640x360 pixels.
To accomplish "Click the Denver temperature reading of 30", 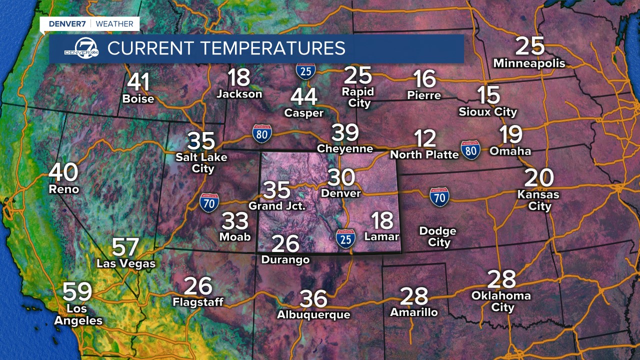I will tap(341, 177).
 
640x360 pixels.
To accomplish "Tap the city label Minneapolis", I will tap(529, 63).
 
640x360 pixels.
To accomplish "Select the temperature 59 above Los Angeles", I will tap(77, 292).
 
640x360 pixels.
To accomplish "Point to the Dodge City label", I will tap(438, 236).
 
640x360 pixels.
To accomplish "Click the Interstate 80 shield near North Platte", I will tap(471, 149).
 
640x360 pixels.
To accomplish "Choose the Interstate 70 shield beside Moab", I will tap(208, 202).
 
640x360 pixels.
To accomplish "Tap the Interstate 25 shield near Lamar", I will tap(346, 239).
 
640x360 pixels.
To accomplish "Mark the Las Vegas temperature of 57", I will tap(125, 247).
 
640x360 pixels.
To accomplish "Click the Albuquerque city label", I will tap(314, 314).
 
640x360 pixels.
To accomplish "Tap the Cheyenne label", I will tap(345, 148).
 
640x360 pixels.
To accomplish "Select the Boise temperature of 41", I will tap(138, 82).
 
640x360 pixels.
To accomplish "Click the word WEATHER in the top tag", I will tap(114, 23).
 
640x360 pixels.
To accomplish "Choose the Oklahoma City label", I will tap(501, 301).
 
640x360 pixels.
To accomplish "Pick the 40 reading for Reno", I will tap(63, 173).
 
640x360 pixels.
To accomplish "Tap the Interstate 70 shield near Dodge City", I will tap(439, 197).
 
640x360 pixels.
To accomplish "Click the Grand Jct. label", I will tap(277, 205).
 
